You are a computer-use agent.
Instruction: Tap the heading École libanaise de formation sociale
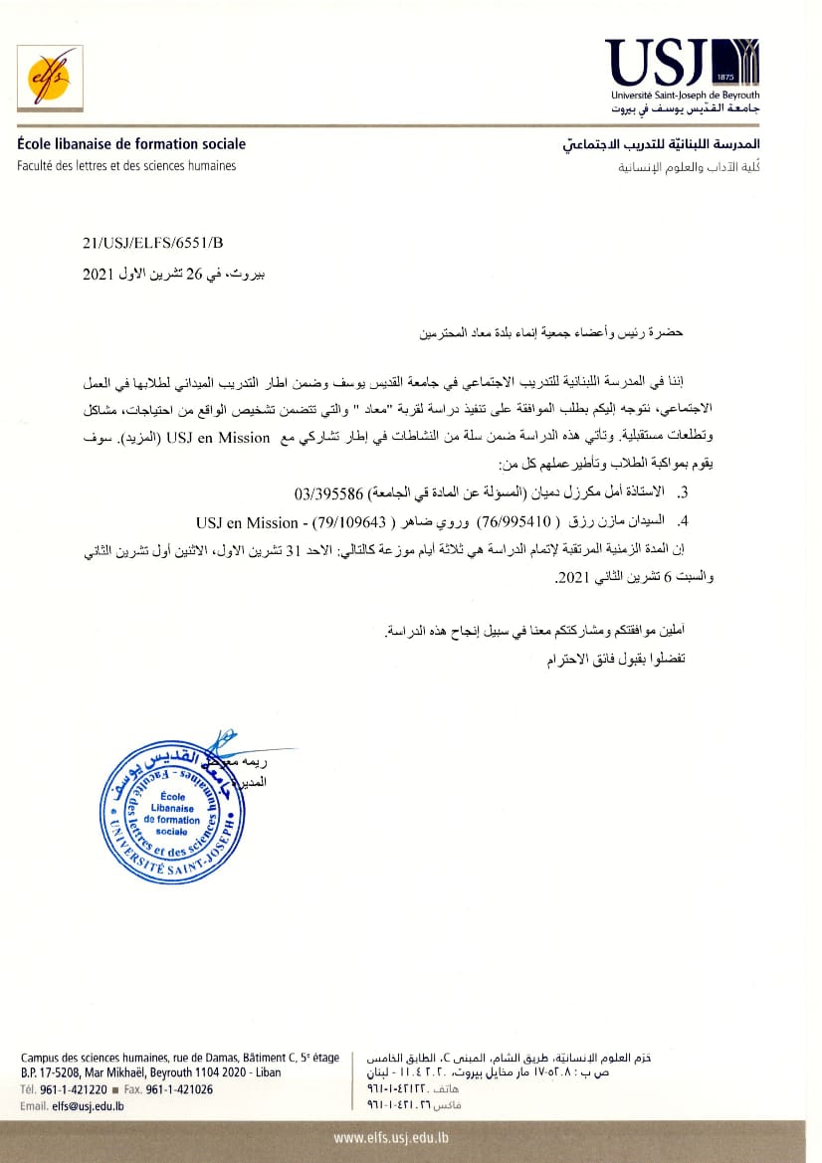(131, 144)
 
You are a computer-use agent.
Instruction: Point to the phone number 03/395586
(331, 493)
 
